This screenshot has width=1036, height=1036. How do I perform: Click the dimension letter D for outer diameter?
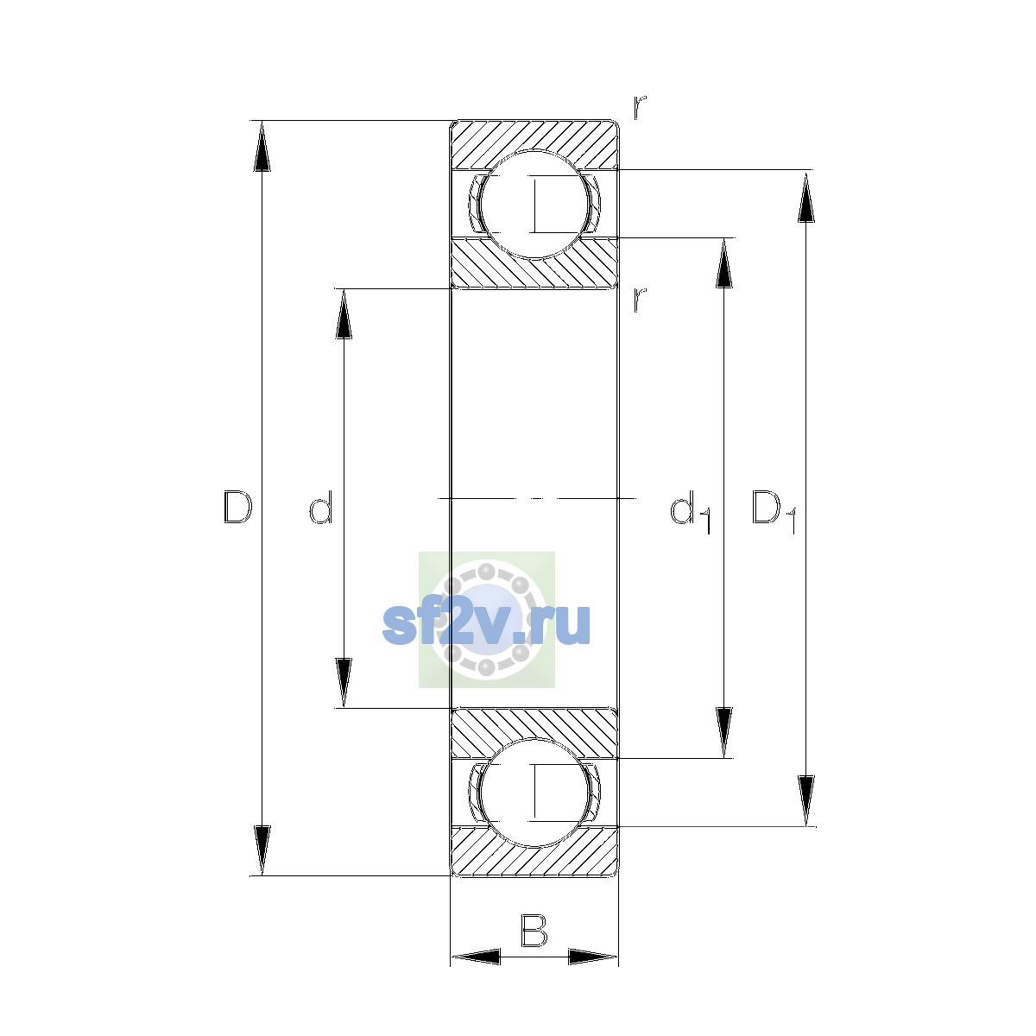[237, 507]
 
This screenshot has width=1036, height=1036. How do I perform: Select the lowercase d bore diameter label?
[321, 507]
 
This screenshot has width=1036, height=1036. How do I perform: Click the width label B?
[534, 930]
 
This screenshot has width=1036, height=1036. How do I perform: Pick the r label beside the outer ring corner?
[639, 107]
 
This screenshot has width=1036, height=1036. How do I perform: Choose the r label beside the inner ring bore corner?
[639, 300]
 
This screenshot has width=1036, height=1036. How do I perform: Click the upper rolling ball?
[534, 205]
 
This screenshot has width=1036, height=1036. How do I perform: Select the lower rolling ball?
[534, 793]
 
